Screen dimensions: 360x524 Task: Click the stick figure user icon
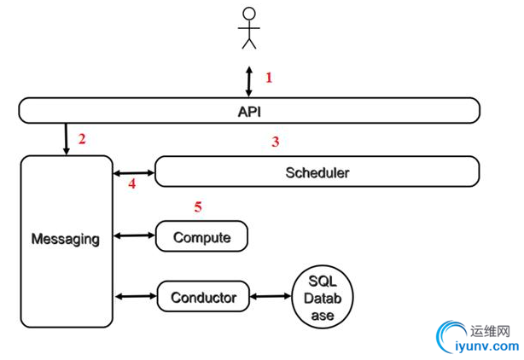(248, 27)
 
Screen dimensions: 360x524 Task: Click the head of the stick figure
(248, 14)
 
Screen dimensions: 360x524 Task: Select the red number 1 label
(269, 78)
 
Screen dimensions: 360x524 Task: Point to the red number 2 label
(82, 139)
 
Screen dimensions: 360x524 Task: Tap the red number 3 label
(275, 142)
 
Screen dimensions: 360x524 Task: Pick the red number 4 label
(131, 183)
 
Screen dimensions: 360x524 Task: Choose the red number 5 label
(198, 206)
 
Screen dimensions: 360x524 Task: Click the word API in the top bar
(248, 110)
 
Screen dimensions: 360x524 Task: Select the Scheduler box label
(317, 172)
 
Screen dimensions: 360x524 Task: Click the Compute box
(201, 236)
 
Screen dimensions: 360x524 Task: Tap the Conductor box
(203, 298)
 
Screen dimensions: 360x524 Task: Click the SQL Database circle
(323, 298)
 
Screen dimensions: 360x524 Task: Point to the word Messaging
(65, 239)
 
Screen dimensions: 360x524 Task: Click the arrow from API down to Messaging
(66, 138)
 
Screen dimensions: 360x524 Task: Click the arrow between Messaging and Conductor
(135, 297)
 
